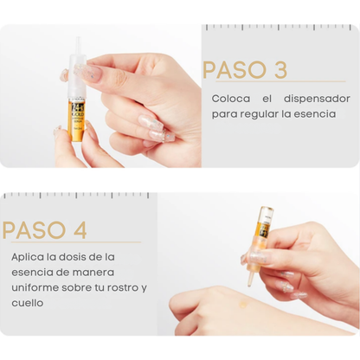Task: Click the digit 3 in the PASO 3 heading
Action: pyautogui.click(x=280, y=69)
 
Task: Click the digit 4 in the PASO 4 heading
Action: pyautogui.click(x=80, y=230)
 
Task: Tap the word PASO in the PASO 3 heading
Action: pyautogui.click(x=235, y=69)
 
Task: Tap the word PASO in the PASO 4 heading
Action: pyautogui.click(x=34, y=230)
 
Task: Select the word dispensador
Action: pyautogui.click(x=317, y=99)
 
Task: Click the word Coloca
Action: pyautogui.click(x=231, y=99)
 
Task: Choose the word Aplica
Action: pyautogui.click(x=28, y=257)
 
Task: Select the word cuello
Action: pyautogui.click(x=28, y=303)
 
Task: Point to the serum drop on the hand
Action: pyautogui.click(x=244, y=304)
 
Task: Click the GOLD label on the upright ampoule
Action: pyautogui.click(x=76, y=114)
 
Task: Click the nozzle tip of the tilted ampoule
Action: pyautogui.click(x=250, y=284)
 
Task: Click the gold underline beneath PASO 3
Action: pyautogui.click(x=280, y=81)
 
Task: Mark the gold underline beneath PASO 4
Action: pyautogui.click(x=76, y=242)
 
